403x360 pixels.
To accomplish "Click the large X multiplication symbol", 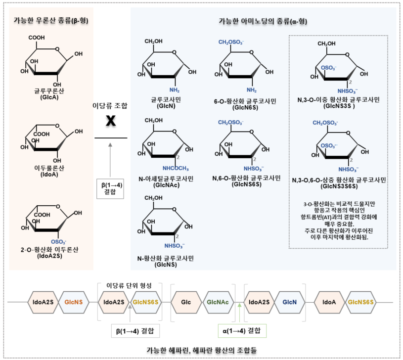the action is click(111, 120).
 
